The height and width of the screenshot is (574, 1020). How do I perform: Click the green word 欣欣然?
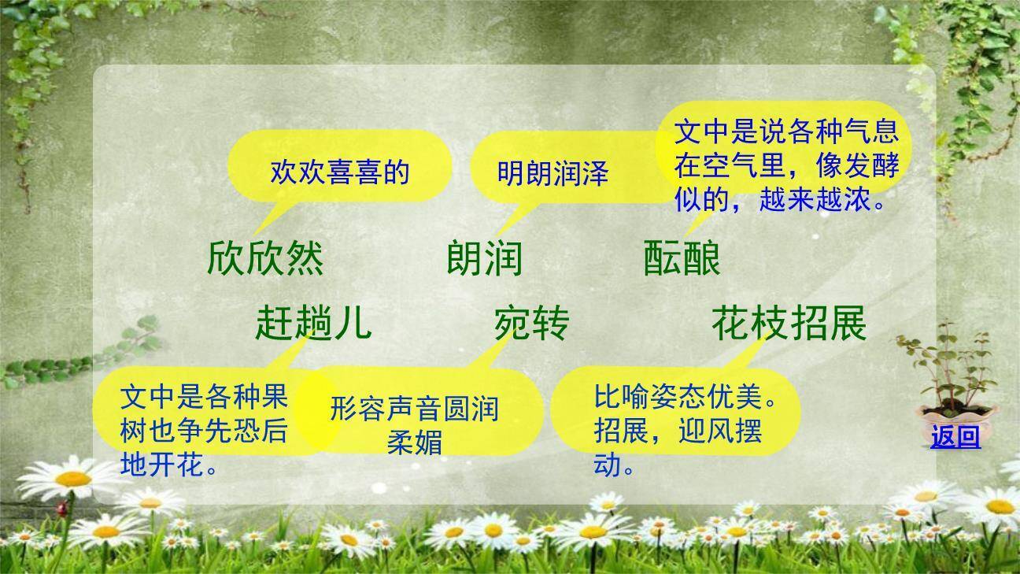click(265, 257)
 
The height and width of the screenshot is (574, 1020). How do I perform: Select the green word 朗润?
click(484, 257)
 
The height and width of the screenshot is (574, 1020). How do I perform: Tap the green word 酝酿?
click(682, 257)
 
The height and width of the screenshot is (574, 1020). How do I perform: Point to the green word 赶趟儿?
click(312, 323)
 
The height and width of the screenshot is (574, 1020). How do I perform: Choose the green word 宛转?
click(531, 323)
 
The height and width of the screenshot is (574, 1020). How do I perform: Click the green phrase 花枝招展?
click(789, 323)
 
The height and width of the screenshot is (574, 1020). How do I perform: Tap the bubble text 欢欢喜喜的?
click(340, 172)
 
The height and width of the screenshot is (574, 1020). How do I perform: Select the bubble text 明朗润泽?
click(552, 173)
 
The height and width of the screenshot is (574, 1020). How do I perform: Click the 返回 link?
click(955, 436)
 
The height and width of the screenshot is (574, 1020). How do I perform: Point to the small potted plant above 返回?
click(946, 378)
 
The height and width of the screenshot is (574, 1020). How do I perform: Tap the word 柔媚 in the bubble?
click(414, 442)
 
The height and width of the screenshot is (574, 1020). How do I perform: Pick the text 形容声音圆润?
click(414, 409)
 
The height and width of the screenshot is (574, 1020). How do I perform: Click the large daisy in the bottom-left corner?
click(72, 478)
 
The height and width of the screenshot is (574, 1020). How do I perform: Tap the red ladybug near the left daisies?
click(62, 510)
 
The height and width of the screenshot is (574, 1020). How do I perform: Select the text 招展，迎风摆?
click(678, 431)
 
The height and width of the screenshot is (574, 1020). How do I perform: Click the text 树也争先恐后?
click(204, 431)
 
